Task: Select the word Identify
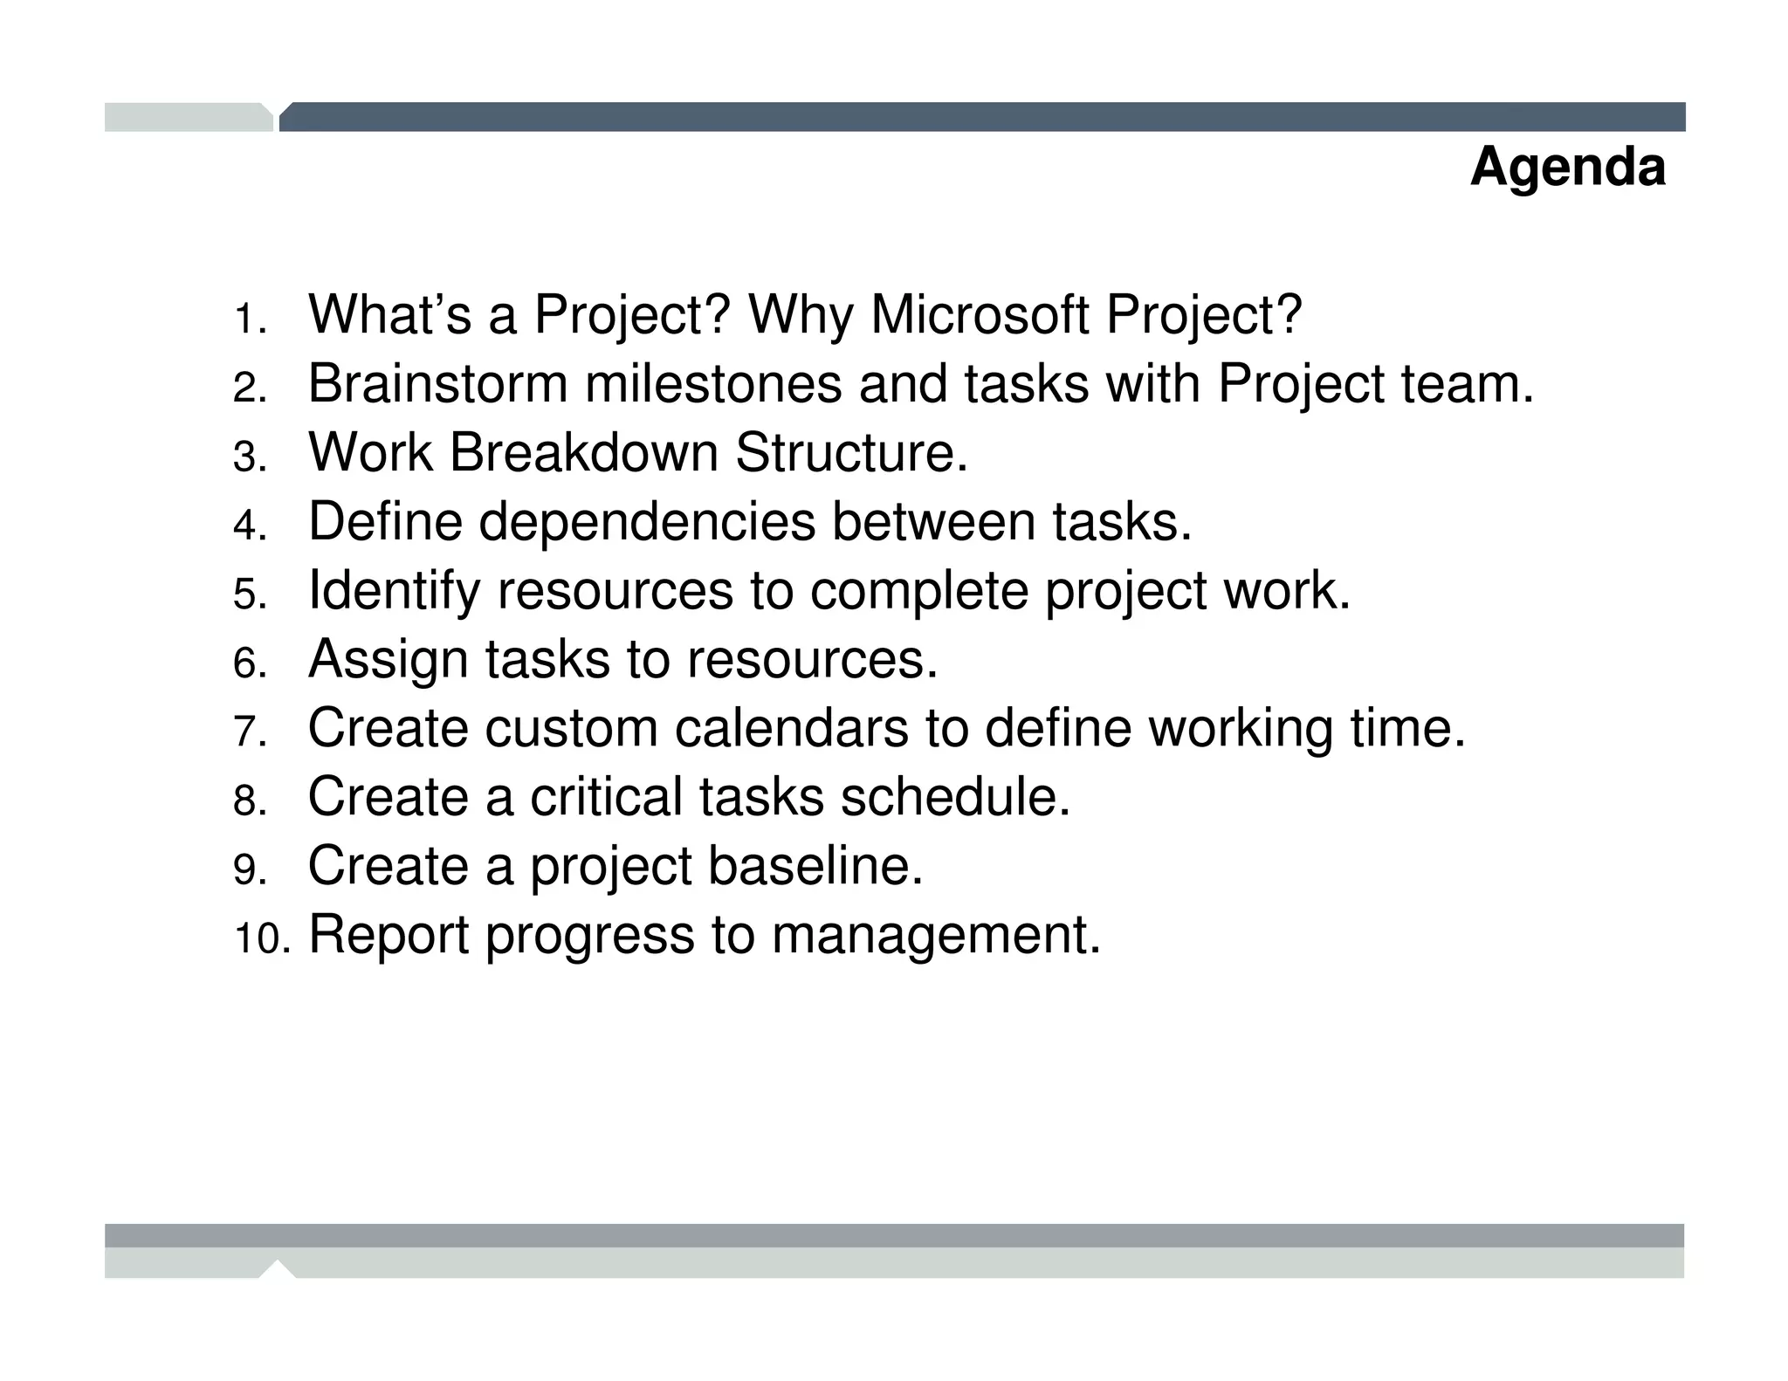[394, 591]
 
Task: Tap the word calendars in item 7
[791, 728]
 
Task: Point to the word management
[936, 936]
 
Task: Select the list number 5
[249, 595]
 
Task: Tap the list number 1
[249, 319]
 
